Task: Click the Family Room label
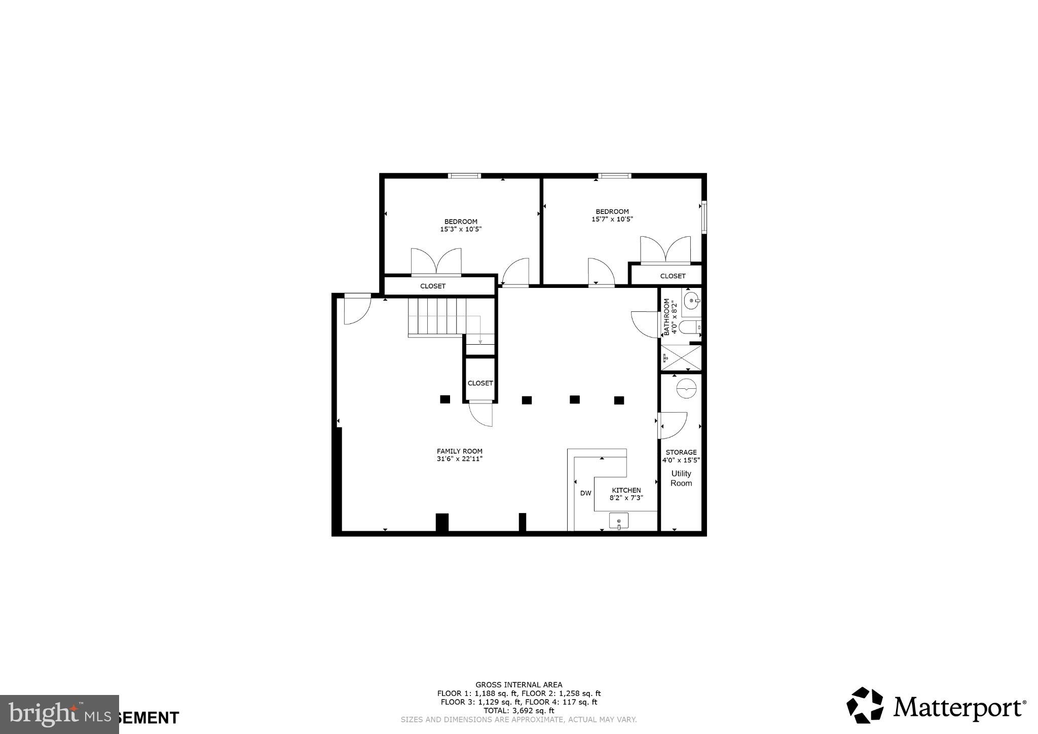(459, 451)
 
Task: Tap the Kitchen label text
(626, 490)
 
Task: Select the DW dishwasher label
(585, 493)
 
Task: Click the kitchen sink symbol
(618, 521)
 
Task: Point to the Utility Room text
(681, 478)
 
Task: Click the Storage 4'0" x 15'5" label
(681, 456)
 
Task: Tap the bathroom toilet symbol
(689, 327)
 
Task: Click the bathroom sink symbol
(691, 301)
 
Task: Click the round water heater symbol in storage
(686, 389)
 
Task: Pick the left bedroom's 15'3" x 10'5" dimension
(460, 229)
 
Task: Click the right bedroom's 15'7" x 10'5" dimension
(612, 219)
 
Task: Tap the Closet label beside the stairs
(480, 383)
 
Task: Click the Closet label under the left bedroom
(433, 286)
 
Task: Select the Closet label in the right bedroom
(673, 276)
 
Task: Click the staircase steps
(437, 317)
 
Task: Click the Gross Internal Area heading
(518, 685)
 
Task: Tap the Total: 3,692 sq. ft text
(518, 711)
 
